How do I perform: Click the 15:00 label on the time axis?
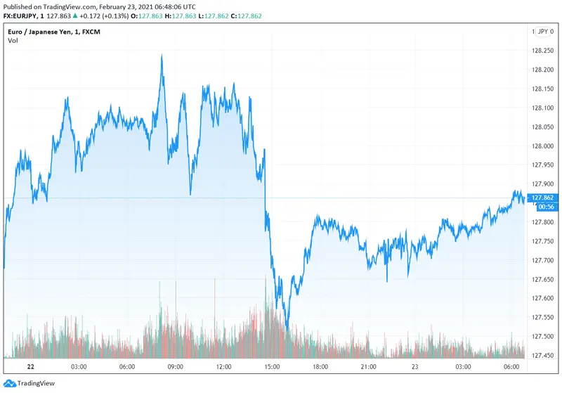pos(273,366)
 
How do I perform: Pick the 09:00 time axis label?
pos(175,366)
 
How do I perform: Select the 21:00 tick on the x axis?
pos(370,366)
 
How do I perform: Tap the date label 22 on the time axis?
pos(30,366)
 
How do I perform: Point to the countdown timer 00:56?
pos(545,207)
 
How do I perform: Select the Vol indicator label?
pos(13,40)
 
